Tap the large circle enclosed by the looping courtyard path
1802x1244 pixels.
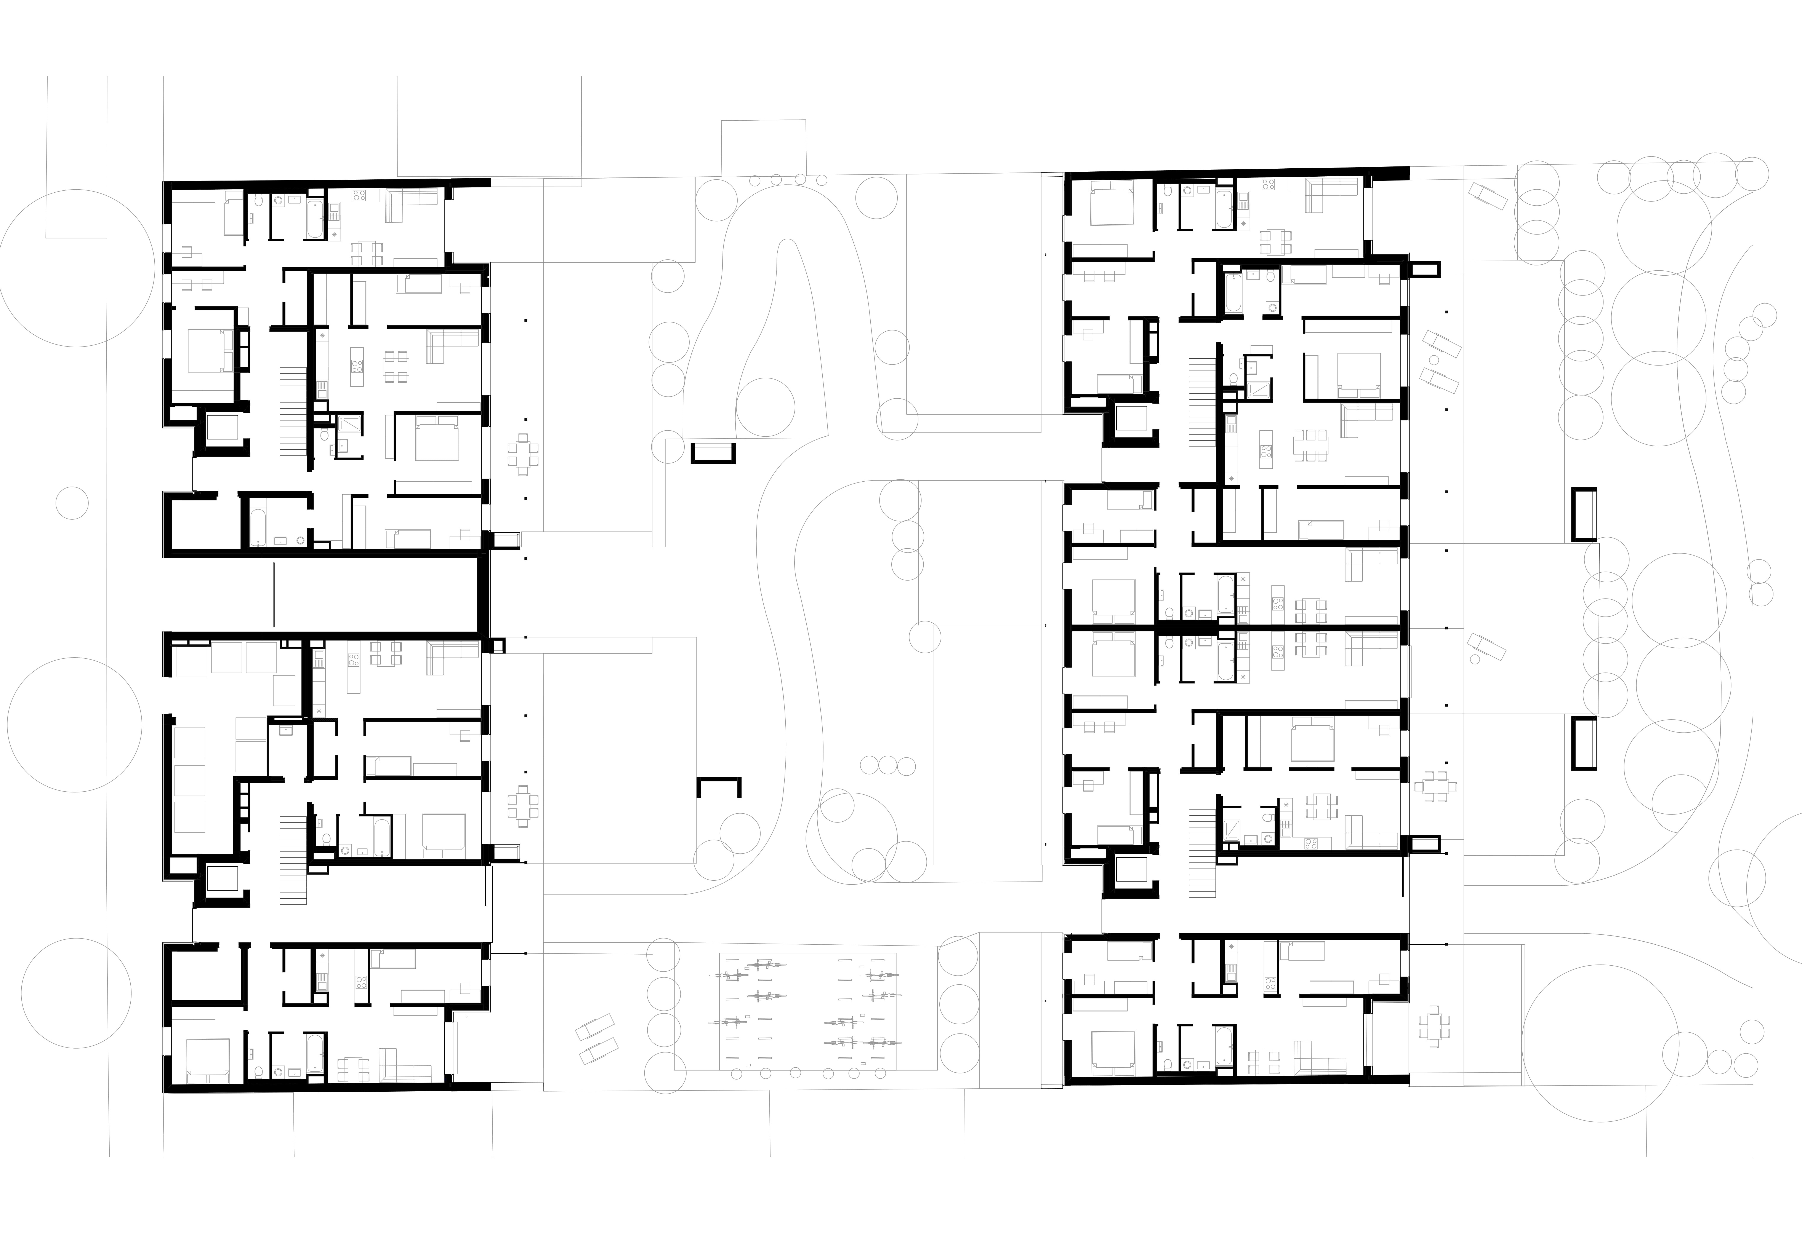(x=765, y=407)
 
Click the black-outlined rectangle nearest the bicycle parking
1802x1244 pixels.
(x=718, y=788)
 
